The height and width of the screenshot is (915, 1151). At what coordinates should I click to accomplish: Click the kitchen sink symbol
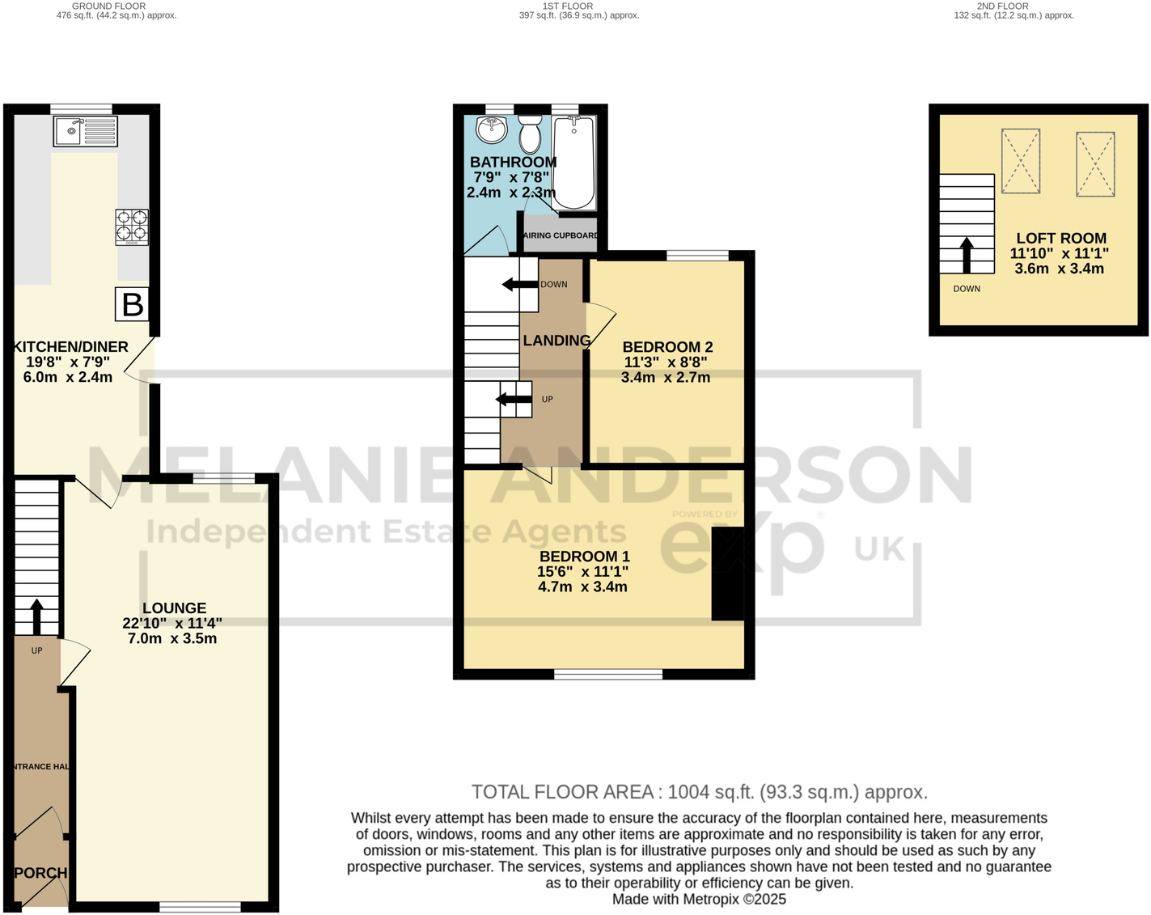(85, 131)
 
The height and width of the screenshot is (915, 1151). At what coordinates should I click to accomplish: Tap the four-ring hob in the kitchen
(132, 227)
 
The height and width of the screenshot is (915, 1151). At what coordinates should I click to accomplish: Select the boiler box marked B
(132, 305)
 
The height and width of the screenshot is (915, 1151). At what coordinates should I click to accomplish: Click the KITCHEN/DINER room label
(70, 347)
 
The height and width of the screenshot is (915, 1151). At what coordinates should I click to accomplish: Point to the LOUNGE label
(174, 608)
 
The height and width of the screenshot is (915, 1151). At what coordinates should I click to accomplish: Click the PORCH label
(40, 873)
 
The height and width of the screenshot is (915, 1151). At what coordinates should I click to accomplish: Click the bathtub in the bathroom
(573, 162)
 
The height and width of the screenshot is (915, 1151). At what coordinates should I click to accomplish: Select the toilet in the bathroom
(530, 133)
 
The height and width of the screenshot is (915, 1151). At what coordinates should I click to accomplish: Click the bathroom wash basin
(491, 129)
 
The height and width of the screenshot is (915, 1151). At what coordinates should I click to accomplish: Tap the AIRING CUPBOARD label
(561, 235)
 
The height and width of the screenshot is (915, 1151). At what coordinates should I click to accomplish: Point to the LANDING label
(556, 341)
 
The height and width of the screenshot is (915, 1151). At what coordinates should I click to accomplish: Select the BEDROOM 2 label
(667, 347)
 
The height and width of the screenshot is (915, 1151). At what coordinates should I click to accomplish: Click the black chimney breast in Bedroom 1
(727, 574)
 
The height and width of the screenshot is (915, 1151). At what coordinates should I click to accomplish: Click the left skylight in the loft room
(1021, 162)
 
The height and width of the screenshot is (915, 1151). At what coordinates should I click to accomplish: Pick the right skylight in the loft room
(1095, 164)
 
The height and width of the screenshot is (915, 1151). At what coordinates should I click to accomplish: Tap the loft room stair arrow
(966, 255)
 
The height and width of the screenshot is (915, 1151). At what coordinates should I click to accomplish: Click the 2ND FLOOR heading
(1002, 6)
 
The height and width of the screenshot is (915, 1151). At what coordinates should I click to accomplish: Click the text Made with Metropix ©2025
(699, 899)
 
